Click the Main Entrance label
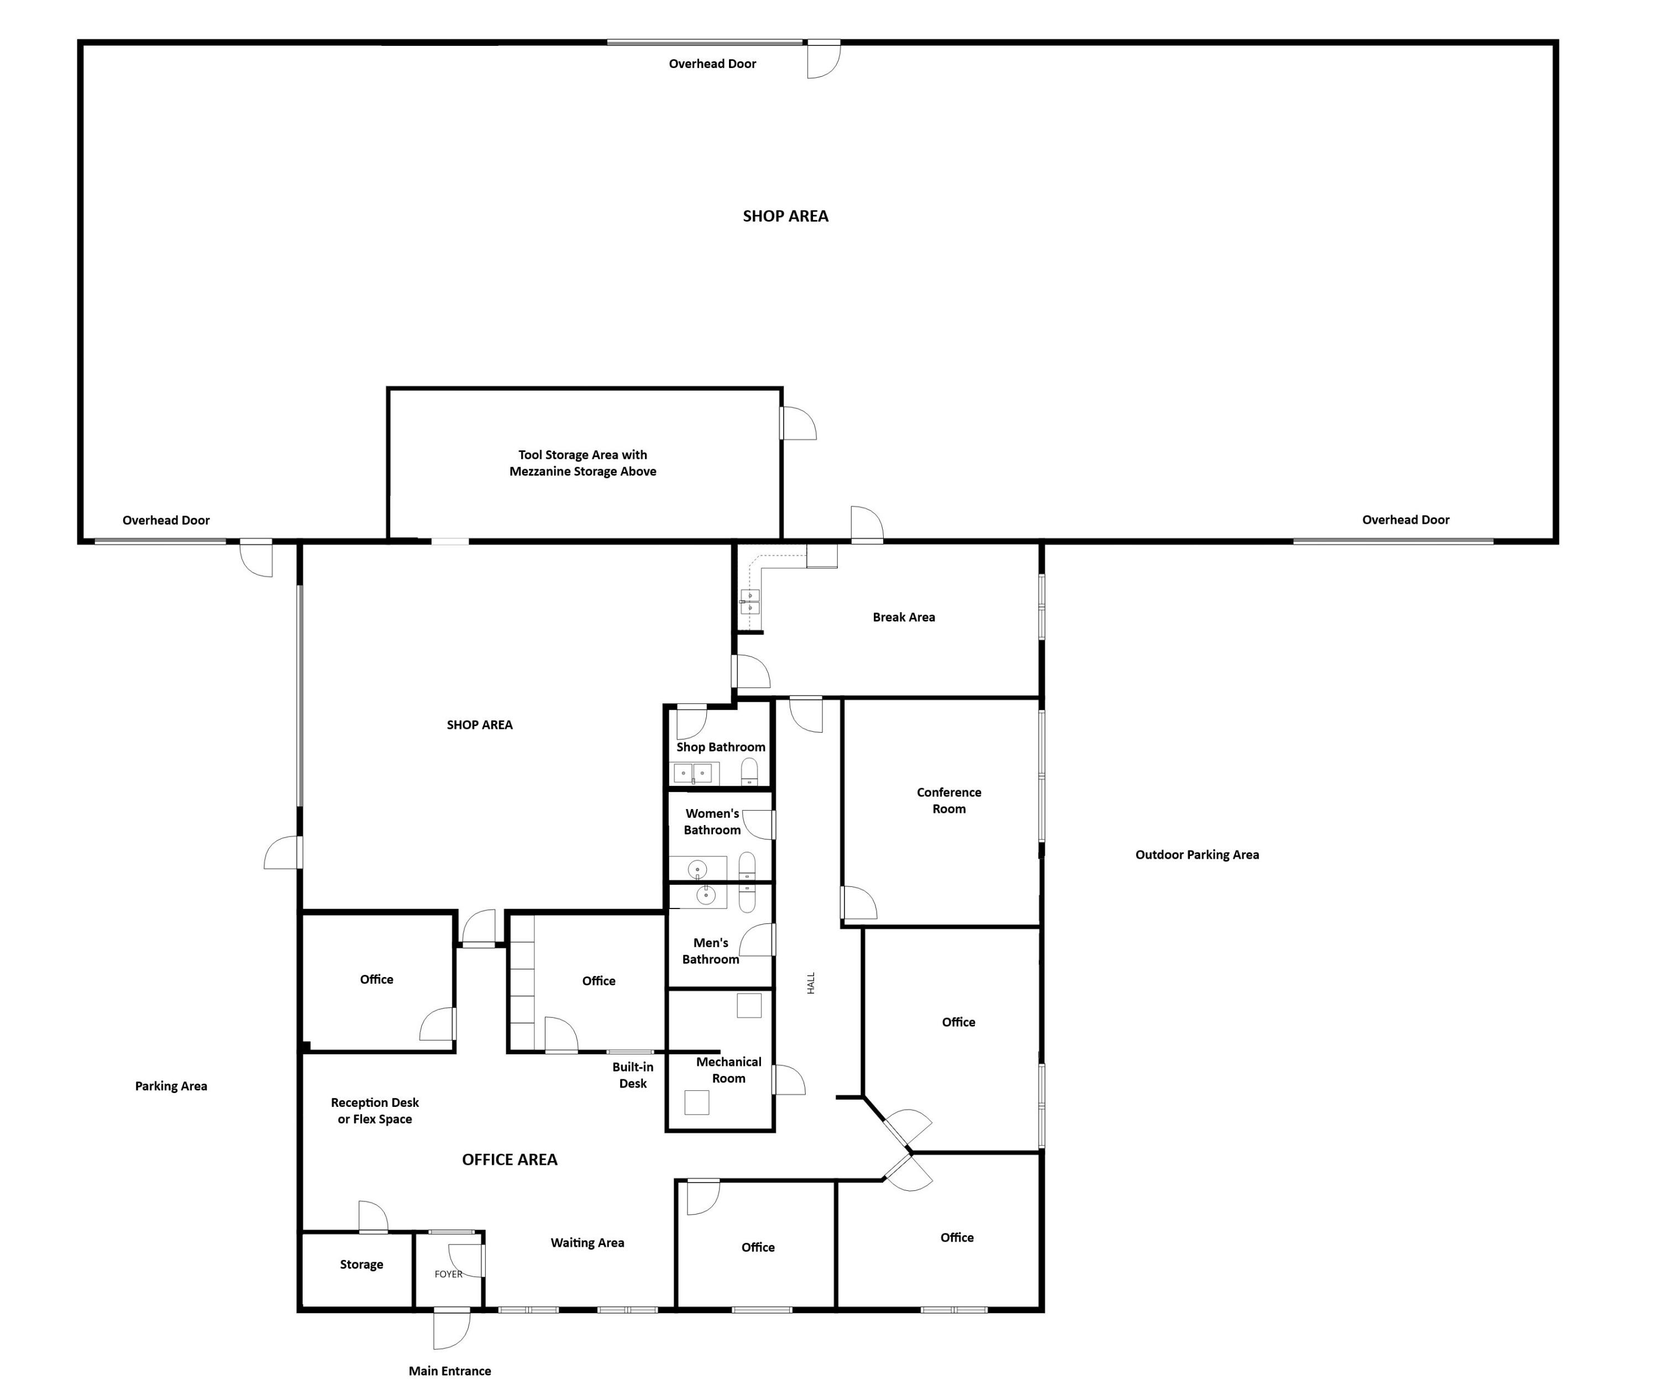coord(449,1371)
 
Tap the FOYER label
coord(448,1274)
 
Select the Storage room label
coord(361,1265)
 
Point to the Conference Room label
coord(948,801)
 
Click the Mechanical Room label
coord(728,1070)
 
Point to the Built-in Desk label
coord(632,1075)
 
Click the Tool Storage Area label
coord(583,463)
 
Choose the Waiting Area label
coord(587,1243)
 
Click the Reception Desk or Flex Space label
coord(375,1110)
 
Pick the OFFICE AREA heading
coord(510,1159)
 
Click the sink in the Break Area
coord(749,602)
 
